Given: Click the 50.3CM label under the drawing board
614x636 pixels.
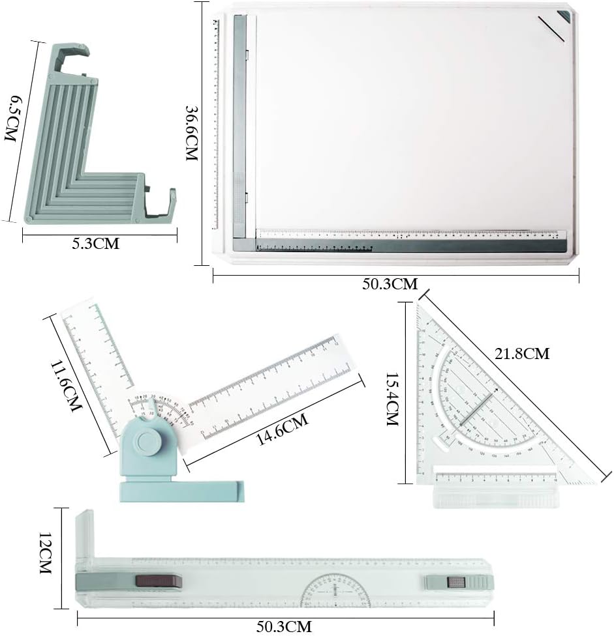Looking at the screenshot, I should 390,283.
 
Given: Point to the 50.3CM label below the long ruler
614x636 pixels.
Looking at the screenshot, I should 284,626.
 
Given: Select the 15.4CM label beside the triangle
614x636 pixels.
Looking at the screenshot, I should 392,399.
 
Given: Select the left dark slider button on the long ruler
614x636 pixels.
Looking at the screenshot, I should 157,581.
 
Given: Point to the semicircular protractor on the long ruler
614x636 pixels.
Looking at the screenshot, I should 333,590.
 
